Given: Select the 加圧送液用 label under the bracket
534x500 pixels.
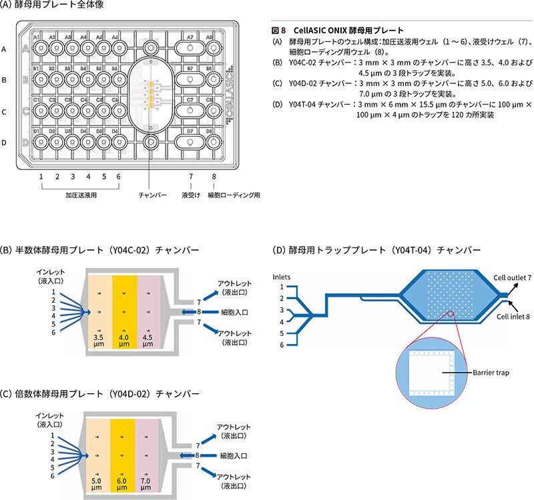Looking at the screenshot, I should (79, 196).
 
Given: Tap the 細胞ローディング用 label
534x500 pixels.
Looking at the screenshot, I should (234, 196).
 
